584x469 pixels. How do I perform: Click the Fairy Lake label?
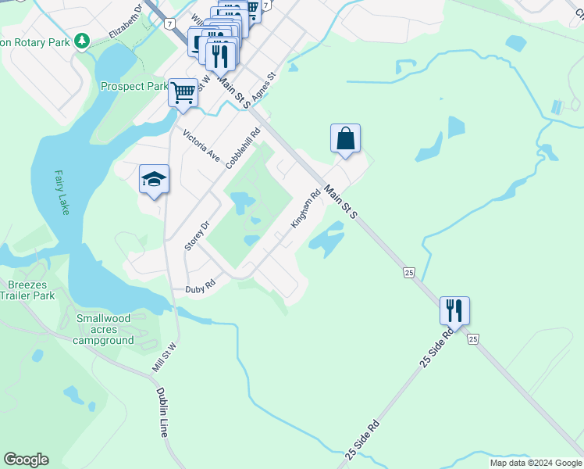coord(62,192)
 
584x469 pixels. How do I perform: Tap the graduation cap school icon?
coord(154,180)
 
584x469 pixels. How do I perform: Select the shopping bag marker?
coord(345,139)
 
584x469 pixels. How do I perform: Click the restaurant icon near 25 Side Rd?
coord(454,310)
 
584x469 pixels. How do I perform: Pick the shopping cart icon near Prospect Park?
coord(183,92)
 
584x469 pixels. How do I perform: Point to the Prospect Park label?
coord(134,86)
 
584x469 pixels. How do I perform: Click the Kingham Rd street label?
coord(306,210)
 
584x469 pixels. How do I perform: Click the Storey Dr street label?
coord(198,234)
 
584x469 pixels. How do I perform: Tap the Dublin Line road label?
coord(163,412)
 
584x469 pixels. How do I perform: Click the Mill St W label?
coord(164,356)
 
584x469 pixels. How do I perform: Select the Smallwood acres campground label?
coord(104,329)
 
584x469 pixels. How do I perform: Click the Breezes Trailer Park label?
coord(27,290)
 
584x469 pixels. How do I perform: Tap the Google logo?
coord(26,460)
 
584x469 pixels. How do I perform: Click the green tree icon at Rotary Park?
coord(81,40)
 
